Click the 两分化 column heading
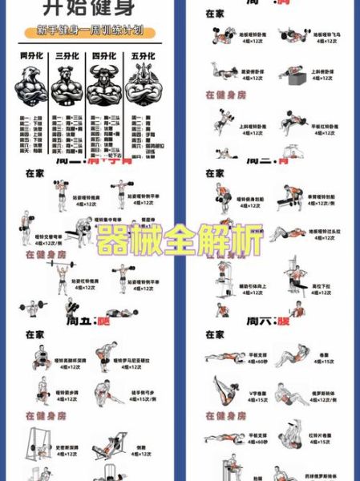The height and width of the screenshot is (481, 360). click(30, 56)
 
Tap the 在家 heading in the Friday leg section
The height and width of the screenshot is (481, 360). click(34, 334)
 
